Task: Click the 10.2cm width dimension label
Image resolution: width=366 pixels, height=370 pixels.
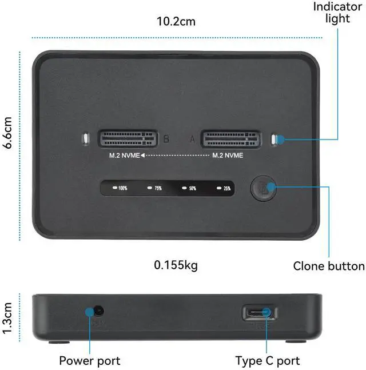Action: coord(176,22)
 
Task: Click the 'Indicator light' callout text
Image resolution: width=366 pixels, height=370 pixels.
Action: coord(337,12)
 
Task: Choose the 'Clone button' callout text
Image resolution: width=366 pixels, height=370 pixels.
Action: coord(328,266)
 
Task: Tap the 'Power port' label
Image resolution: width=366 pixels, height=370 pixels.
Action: coord(90,361)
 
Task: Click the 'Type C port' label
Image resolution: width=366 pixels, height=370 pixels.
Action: coord(268,361)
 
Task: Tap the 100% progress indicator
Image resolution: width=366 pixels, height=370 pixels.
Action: coord(120,188)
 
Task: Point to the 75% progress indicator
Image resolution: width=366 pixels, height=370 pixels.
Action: coord(155,188)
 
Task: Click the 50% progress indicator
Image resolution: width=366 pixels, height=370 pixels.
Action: coord(189,188)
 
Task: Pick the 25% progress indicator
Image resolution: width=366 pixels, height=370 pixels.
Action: coord(224,188)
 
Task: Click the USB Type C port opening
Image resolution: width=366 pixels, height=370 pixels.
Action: coord(260,313)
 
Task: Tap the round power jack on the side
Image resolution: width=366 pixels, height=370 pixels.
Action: coord(98,312)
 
